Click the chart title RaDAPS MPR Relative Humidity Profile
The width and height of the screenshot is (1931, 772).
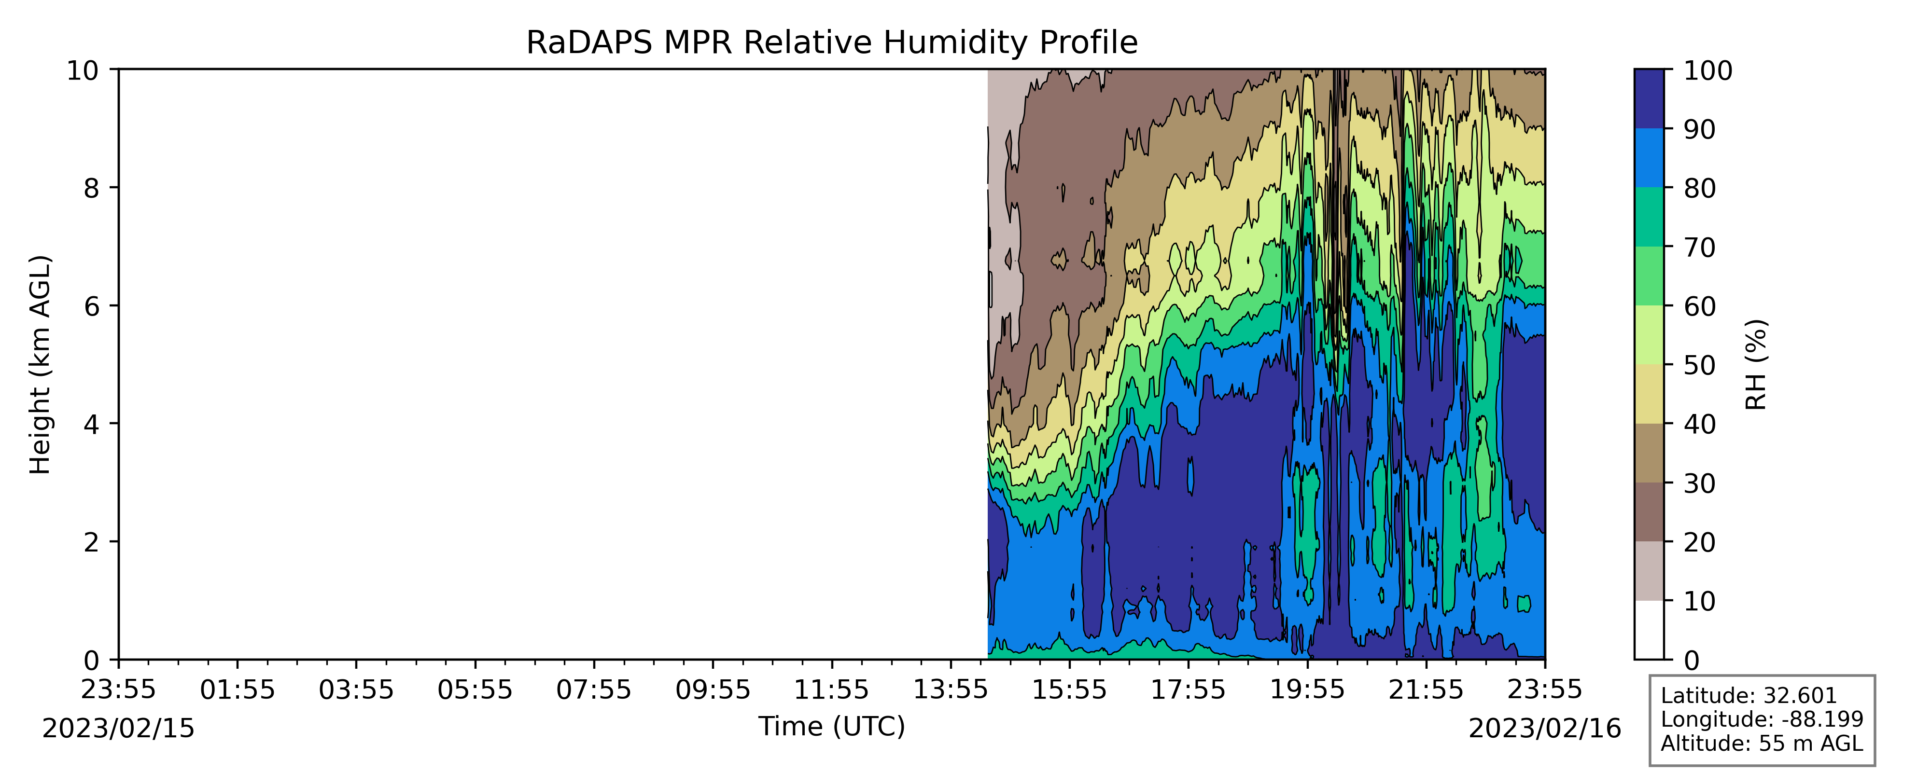tap(832, 43)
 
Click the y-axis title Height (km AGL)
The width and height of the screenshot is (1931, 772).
tap(40, 365)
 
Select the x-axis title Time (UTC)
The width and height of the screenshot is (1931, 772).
tap(832, 726)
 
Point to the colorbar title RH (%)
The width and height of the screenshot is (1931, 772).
tap(1756, 365)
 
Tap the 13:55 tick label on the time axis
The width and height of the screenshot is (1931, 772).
tap(951, 689)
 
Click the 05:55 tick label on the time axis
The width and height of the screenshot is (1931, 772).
tap(475, 689)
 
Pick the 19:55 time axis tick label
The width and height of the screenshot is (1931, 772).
tap(1307, 689)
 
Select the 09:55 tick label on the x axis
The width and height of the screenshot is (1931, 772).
tap(713, 689)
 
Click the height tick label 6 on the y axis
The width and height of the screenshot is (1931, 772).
tap(91, 306)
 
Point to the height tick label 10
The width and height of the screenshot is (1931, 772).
tap(83, 70)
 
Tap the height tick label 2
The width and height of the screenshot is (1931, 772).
tap(91, 542)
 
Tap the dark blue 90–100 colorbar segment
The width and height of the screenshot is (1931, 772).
tap(1649, 99)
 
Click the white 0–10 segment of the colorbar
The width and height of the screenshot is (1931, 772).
tap(1649, 630)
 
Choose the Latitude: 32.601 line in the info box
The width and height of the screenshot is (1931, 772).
tap(1749, 696)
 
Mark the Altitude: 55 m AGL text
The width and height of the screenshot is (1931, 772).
tap(1762, 744)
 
